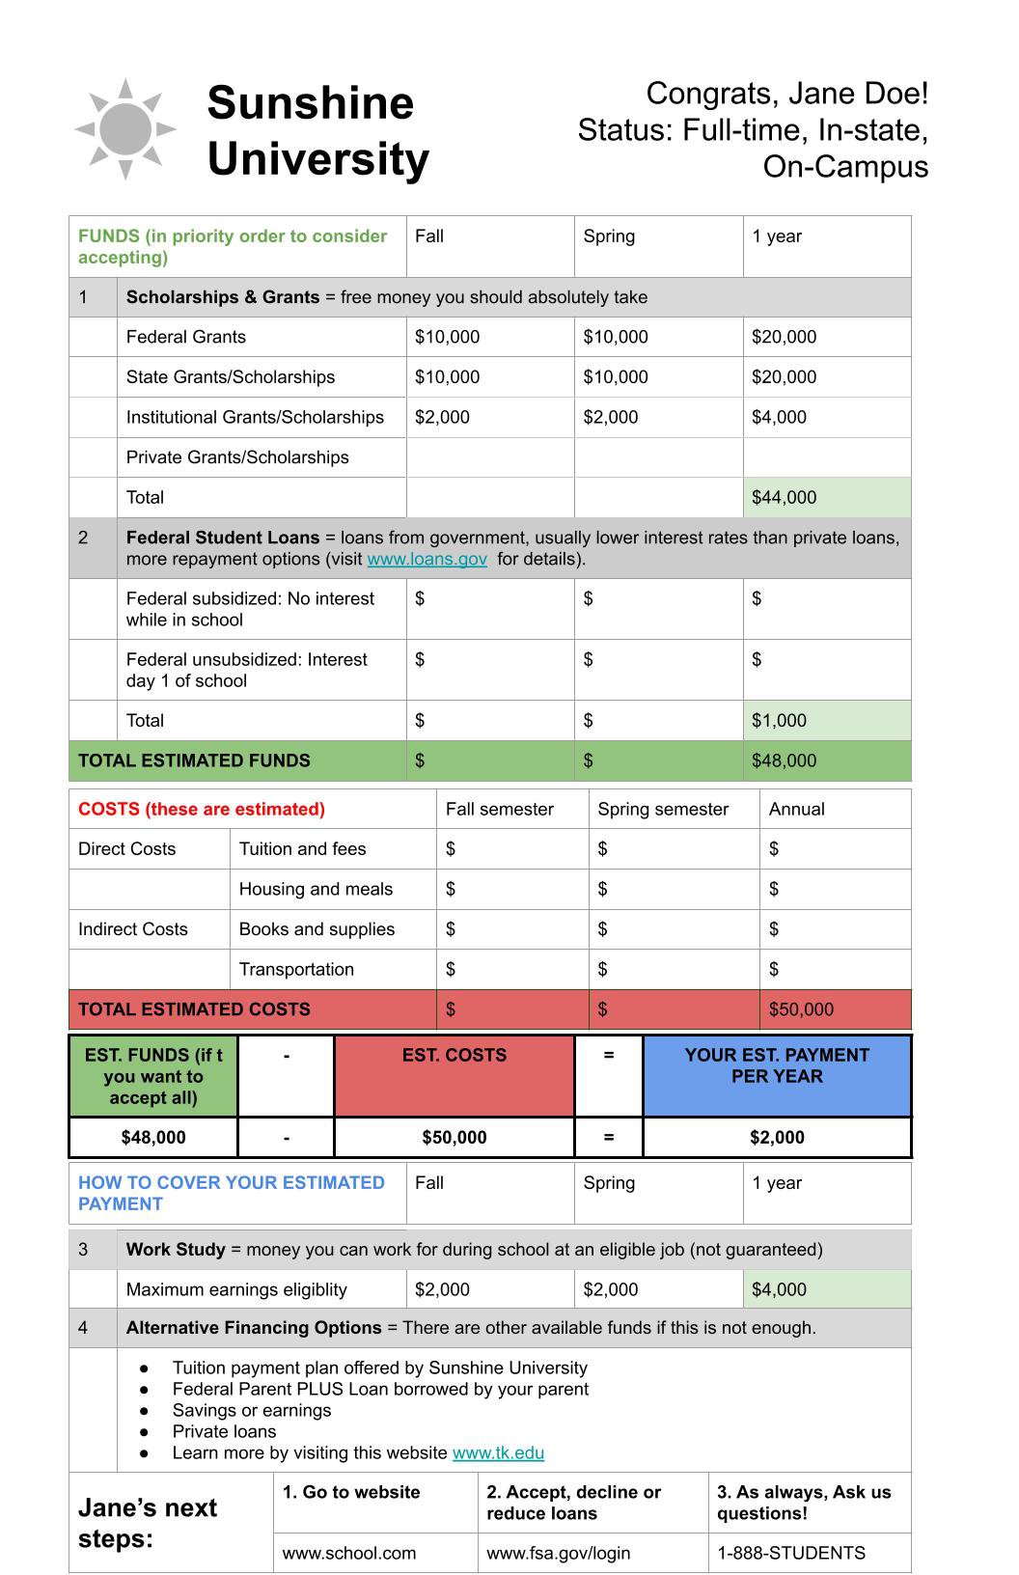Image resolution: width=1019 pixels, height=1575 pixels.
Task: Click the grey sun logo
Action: (125, 129)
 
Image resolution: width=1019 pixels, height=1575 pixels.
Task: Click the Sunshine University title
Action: (317, 131)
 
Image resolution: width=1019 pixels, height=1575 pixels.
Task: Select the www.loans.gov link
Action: (427, 559)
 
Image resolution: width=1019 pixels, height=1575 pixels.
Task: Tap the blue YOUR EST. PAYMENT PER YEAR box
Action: (777, 1075)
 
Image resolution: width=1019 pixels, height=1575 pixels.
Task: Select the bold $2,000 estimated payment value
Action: (777, 1137)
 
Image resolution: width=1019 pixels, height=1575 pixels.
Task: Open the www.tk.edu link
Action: (498, 1452)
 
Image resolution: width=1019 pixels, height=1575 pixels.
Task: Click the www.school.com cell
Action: (348, 1553)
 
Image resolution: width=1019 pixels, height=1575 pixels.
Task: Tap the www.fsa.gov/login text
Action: (558, 1553)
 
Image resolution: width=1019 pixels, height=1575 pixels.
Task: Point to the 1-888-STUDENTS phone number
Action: (790, 1553)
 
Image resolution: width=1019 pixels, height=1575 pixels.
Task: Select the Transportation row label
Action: (296, 969)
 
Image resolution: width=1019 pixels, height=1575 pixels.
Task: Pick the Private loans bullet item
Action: (224, 1431)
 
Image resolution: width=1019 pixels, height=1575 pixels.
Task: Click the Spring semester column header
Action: (663, 809)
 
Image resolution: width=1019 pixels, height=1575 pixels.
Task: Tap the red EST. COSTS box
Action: (454, 1075)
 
